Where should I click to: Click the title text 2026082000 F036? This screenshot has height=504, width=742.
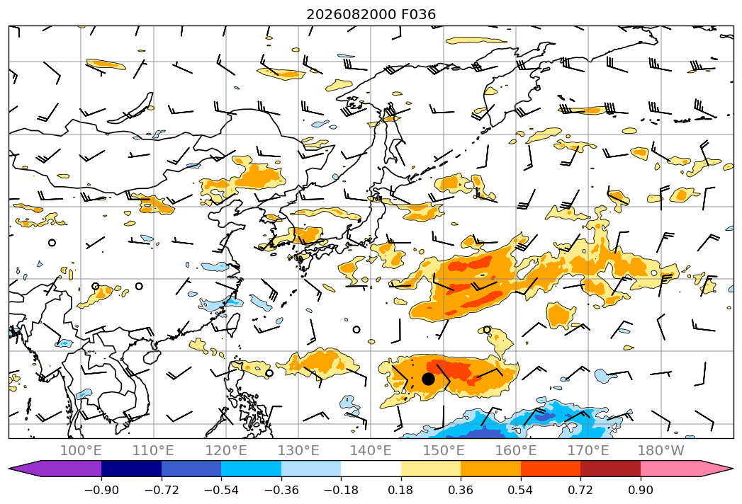[x=371, y=15]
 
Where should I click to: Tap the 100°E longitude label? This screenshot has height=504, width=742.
[x=81, y=450]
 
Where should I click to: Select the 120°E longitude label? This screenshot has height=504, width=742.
[x=226, y=450]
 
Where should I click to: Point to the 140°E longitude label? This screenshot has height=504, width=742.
[x=371, y=450]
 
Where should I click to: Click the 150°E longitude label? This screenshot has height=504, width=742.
[x=444, y=450]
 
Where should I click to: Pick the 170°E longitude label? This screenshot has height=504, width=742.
[x=588, y=450]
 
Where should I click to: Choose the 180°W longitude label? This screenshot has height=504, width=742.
[x=661, y=450]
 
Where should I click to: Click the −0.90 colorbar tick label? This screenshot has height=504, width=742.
[x=101, y=490]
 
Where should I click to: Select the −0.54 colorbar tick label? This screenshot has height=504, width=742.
[x=221, y=490]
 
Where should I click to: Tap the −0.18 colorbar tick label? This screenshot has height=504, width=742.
[x=341, y=490]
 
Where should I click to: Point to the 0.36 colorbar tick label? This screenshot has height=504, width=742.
[x=461, y=490]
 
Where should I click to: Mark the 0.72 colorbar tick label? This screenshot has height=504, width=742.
[x=580, y=490]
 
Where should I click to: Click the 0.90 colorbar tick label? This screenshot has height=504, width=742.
[x=640, y=490]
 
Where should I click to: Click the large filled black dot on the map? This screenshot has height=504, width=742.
[x=428, y=379]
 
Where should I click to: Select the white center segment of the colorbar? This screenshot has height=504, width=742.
[x=371, y=468]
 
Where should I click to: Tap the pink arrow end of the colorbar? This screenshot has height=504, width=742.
[x=714, y=468]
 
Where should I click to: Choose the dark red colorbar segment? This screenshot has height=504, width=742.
[x=610, y=468]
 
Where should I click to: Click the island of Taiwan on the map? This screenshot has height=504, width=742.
[x=233, y=323]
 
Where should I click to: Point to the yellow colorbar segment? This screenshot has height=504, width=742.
[x=431, y=468]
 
